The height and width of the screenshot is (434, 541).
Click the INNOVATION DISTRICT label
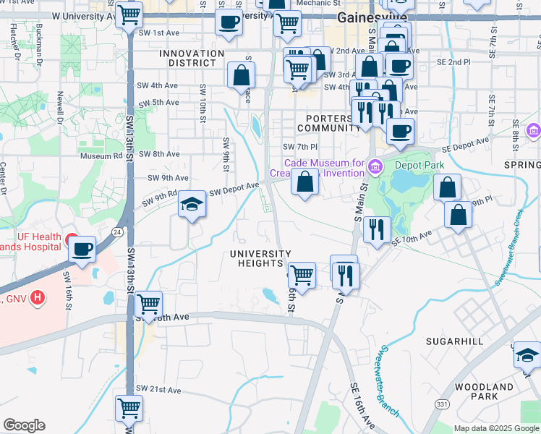pyautogui.click(x=192, y=58)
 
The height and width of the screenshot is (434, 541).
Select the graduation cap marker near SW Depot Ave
pyautogui.click(x=192, y=205)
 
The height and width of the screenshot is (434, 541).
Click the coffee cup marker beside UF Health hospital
pyautogui.click(x=82, y=249)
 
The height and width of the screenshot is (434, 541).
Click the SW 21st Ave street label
pyautogui.click(x=161, y=390)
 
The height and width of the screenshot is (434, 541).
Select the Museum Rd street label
pyautogui.click(x=102, y=156)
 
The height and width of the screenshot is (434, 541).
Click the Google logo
pyautogui.click(x=24, y=425)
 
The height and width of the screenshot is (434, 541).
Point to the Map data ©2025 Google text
pyautogui.click(x=496, y=428)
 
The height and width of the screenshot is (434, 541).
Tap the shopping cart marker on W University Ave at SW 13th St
pyautogui.click(x=129, y=13)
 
